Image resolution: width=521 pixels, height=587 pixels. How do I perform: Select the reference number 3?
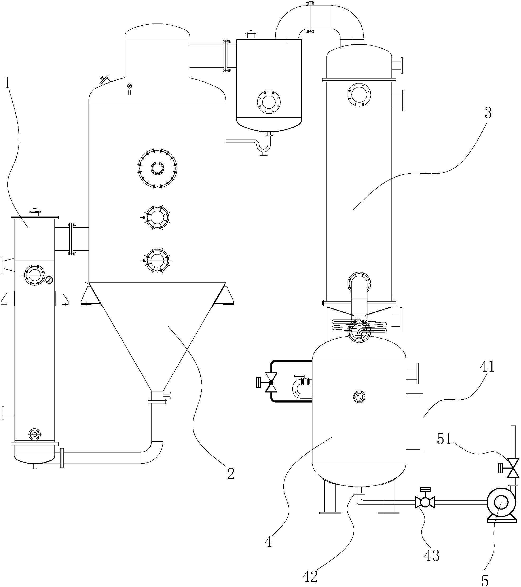[x=488, y=113]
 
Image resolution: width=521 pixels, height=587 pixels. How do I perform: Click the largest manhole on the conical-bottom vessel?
[x=157, y=168]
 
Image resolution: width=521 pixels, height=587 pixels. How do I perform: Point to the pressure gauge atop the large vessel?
[x=129, y=86]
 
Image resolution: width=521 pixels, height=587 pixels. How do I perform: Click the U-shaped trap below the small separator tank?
[x=264, y=146]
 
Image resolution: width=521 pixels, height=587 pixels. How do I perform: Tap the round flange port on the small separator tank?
[x=269, y=102]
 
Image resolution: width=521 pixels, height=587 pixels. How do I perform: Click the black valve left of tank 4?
[x=271, y=382]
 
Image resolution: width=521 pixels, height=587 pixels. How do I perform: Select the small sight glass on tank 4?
[x=359, y=397]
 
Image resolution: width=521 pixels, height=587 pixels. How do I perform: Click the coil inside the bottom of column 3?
[x=359, y=326]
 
